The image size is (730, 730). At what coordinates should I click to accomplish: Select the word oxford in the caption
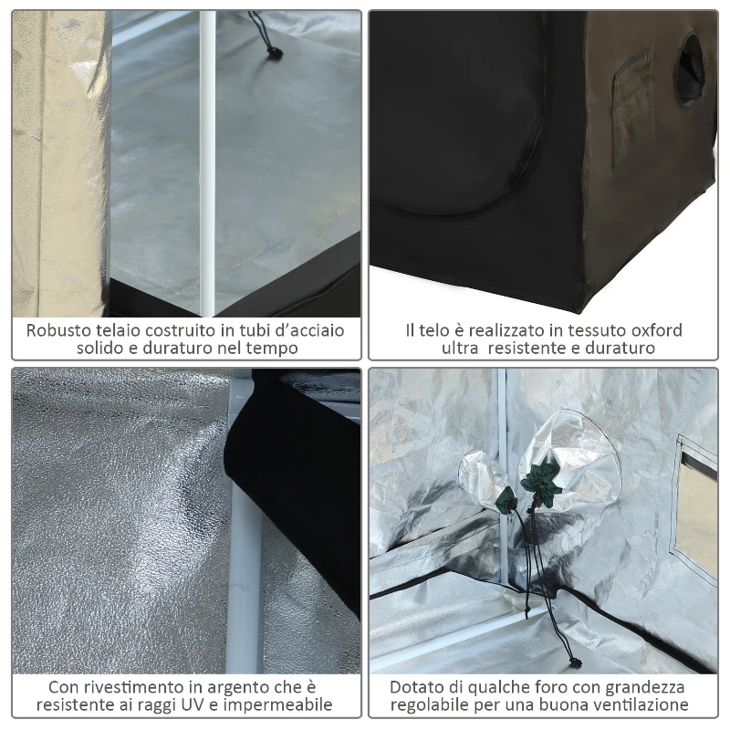click(x=652, y=329)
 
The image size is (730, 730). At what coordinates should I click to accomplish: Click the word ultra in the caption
click(x=462, y=349)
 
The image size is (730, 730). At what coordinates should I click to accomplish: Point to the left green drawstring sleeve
click(x=506, y=499)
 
